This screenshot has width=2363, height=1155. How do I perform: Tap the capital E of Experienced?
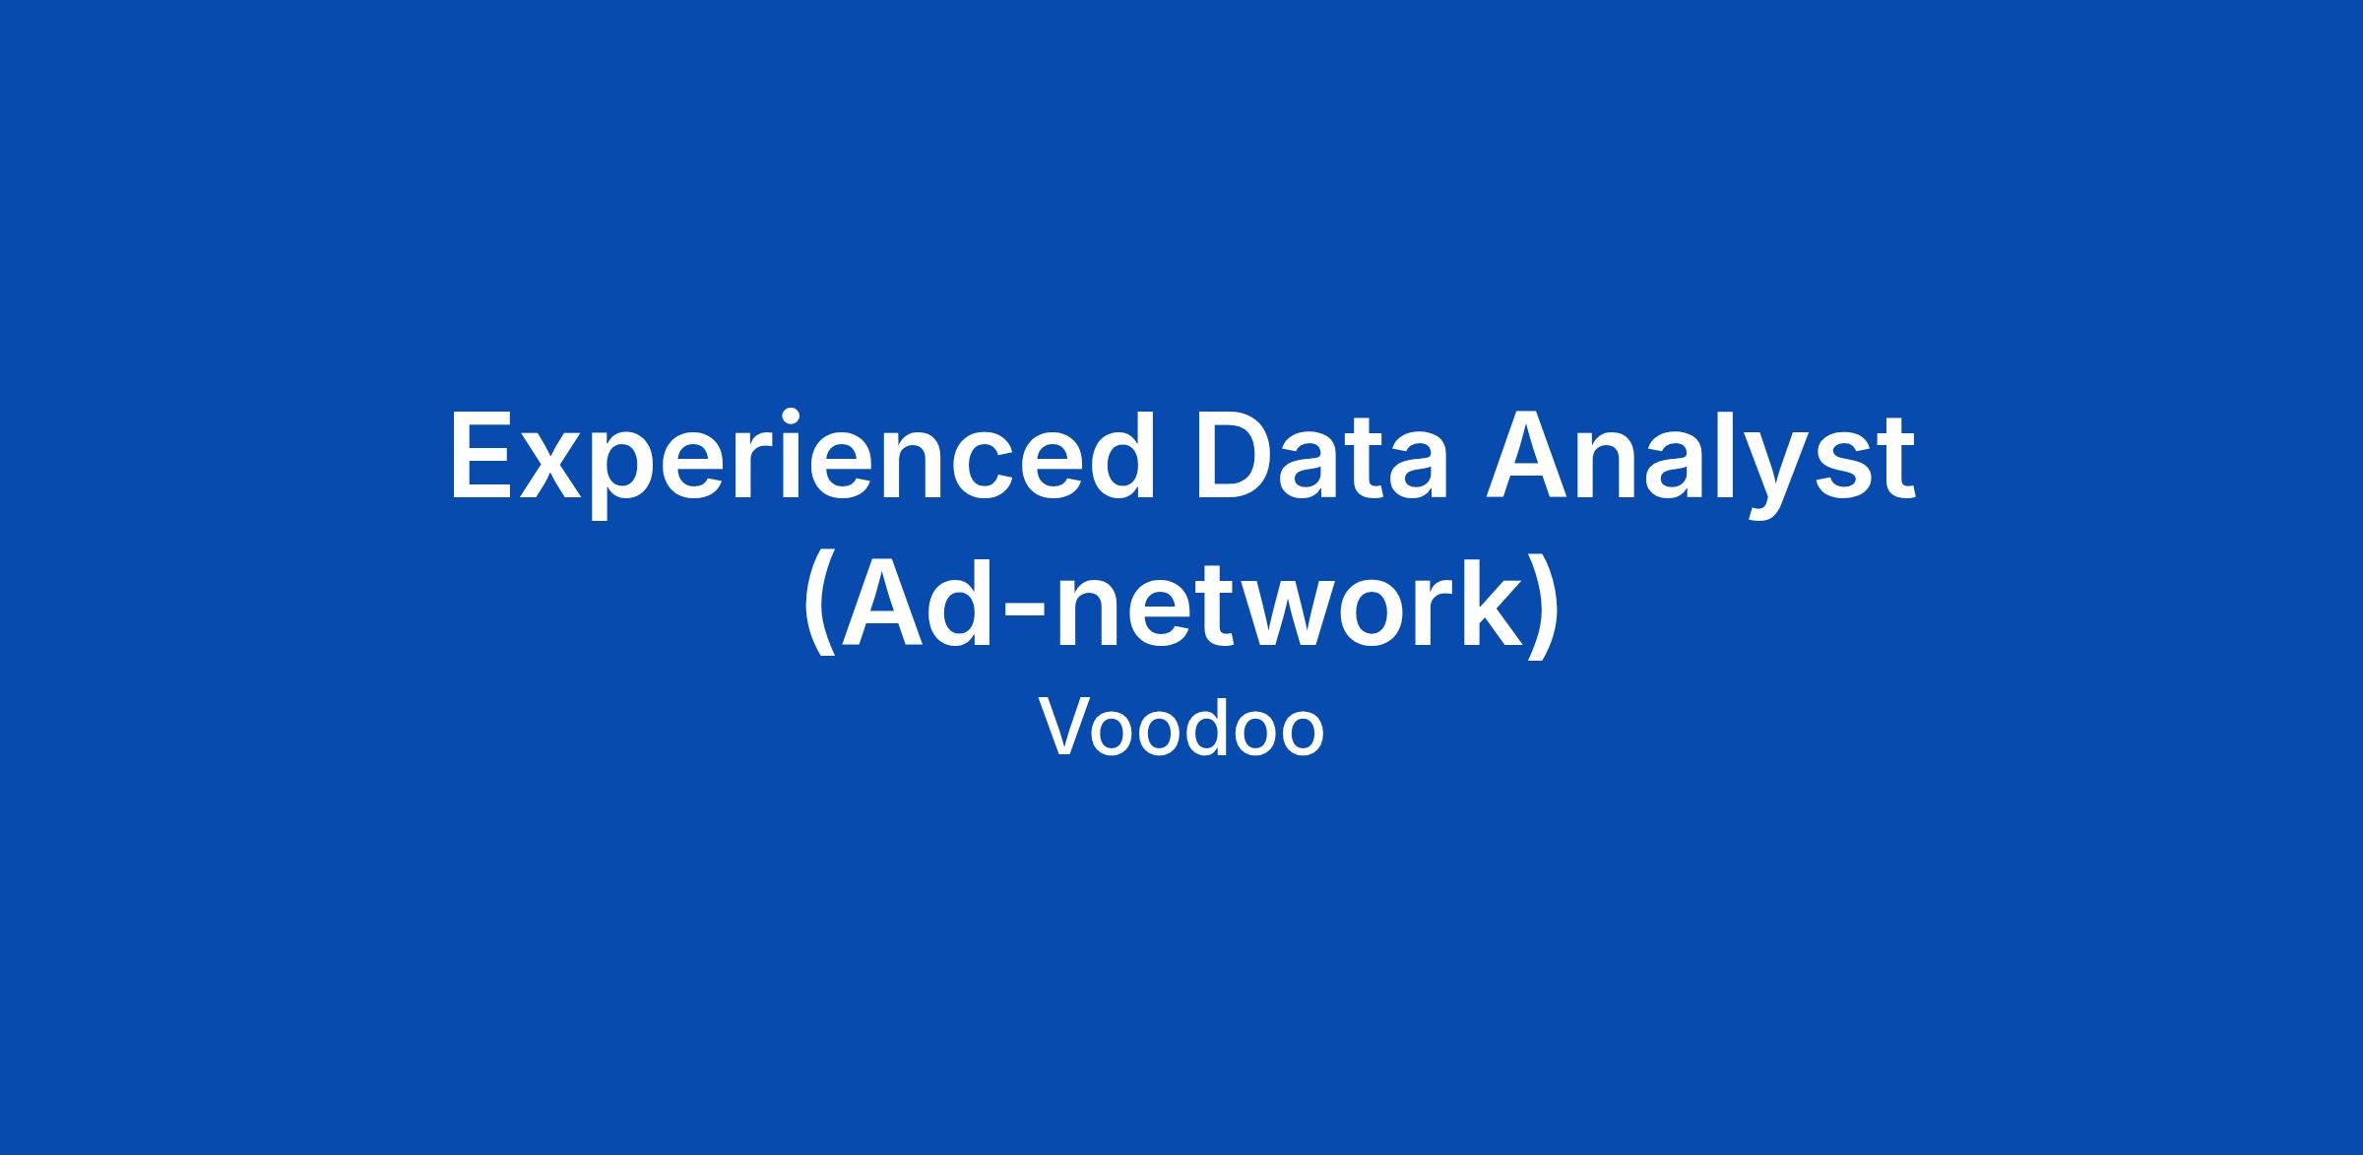(x=481, y=457)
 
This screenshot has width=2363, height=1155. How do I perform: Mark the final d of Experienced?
(x=1118, y=456)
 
